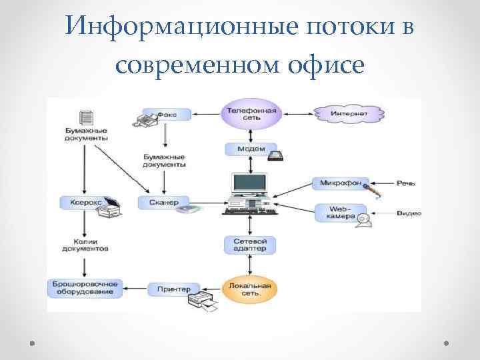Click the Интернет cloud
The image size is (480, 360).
coord(349,114)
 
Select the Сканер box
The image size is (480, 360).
coord(163,201)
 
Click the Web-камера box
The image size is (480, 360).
coord(339,213)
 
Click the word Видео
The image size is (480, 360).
coord(408,213)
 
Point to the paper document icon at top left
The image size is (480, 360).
coord(86,118)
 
